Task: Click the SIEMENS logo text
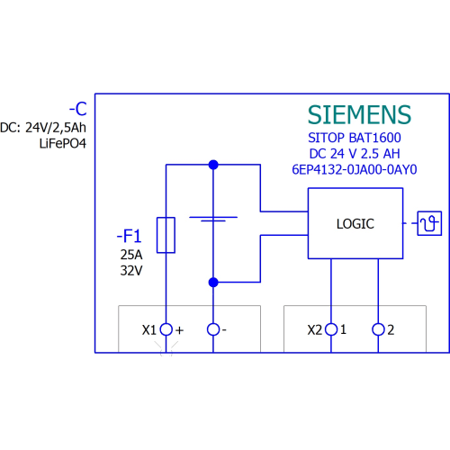(x=359, y=114)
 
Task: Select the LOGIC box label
(x=355, y=224)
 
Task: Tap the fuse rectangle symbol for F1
(x=166, y=235)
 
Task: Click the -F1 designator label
(x=129, y=236)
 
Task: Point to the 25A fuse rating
(x=131, y=255)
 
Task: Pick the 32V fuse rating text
(x=131, y=271)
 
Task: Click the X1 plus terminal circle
(x=166, y=329)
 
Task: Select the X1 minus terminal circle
(x=213, y=329)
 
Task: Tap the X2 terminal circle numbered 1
(x=331, y=329)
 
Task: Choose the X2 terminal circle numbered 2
(x=378, y=329)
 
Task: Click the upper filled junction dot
(x=213, y=165)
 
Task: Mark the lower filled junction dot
(x=213, y=283)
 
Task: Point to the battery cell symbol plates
(x=213, y=219)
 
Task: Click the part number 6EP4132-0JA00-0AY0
(x=355, y=169)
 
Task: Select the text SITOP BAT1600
(x=355, y=138)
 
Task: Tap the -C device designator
(x=78, y=109)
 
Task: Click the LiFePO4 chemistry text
(x=63, y=143)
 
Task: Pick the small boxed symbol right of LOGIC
(x=429, y=223)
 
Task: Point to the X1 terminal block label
(x=149, y=330)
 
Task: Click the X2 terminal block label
(x=315, y=330)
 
